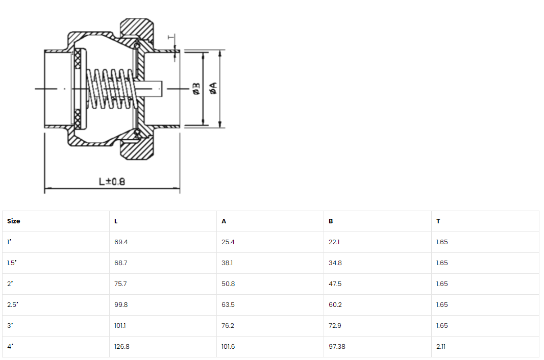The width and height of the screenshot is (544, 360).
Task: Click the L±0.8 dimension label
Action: point(112,182)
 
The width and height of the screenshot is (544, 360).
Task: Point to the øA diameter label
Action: point(213,88)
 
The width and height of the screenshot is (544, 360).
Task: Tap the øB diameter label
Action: point(196,88)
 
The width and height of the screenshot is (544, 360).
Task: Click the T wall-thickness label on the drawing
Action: point(170,37)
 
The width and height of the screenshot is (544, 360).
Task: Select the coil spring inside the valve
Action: point(109,89)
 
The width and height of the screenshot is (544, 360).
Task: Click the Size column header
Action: point(14,221)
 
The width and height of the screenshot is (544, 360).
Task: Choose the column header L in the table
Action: point(116,221)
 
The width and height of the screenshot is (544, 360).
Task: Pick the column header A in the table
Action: point(224,221)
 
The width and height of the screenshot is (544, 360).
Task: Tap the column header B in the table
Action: point(331,221)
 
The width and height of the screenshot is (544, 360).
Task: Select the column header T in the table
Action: point(438,221)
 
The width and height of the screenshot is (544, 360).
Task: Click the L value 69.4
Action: point(121,242)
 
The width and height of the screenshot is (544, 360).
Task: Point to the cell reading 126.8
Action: point(122,346)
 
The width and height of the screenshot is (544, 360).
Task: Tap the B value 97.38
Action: point(337,346)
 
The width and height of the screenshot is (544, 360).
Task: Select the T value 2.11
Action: point(441,346)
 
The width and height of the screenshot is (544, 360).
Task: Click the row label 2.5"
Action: point(12,305)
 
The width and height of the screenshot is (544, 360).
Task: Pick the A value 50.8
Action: point(228,284)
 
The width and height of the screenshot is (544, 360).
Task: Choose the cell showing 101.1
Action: point(120,326)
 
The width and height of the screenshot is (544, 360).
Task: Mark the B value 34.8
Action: point(335,263)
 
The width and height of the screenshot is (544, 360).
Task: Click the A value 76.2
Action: point(228,326)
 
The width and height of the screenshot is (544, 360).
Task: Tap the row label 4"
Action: point(10,346)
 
